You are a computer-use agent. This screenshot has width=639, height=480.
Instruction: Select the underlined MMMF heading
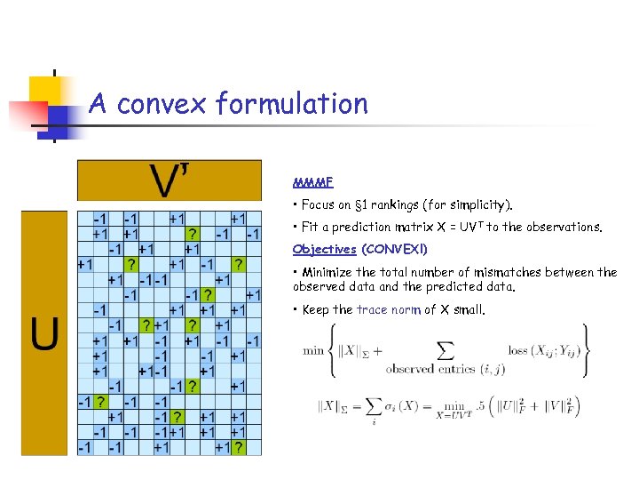pyautogui.click(x=312, y=183)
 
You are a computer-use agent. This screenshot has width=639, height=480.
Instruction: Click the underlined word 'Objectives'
pyautogui.click(x=324, y=250)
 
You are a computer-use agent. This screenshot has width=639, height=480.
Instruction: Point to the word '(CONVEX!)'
pyautogui.click(x=395, y=250)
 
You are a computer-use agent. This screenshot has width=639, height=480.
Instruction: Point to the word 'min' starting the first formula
pyautogui.click(x=313, y=350)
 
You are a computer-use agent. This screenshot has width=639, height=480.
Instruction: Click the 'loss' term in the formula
pyautogui.click(x=518, y=350)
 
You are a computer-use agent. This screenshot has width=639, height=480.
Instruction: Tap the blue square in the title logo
pyautogui.click(x=60, y=116)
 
